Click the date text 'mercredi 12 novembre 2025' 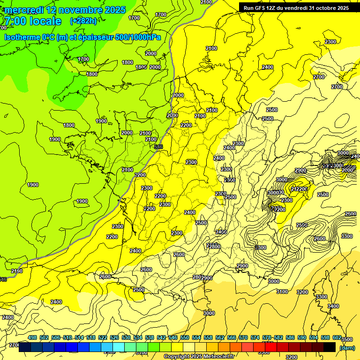(65, 10)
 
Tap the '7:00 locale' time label (33, 21)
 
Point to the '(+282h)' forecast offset (83, 21)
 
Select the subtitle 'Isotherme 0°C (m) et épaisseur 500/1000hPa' (82, 37)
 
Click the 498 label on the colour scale (32, 337)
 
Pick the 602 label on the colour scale (337, 337)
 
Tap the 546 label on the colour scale (173, 337)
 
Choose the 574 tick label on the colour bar (255, 337)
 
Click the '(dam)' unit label (347, 348)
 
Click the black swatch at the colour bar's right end (330, 347)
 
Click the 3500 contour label (347, 339)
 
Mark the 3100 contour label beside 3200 (282, 292)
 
